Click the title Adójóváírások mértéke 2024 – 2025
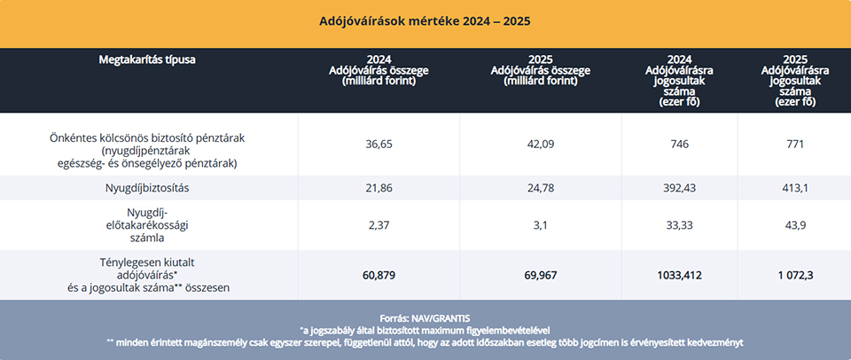click(x=425, y=20)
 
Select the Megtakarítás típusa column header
click(x=147, y=60)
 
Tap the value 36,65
click(x=379, y=144)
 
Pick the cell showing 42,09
click(x=540, y=144)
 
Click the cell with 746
click(x=681, y=144)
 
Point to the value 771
click(x=796, y=144)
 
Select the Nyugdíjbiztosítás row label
click(x=147, y=188)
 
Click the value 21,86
click(x=379, y=188)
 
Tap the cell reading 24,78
click(x=540, y=188)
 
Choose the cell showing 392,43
click(x=681, y=188)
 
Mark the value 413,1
click(x=796, y=188)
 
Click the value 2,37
click(x=379, y=225)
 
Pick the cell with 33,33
click(x=681, y=225)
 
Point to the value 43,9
click(x=796, y=225)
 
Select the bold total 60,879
click(x=379, y=276)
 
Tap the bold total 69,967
click(x=540, y=276)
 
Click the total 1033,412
click(x=681, y=276)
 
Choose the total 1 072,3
click(x=796, y=276)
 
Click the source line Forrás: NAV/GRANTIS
click(x=425, y=317)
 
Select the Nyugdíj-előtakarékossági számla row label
click(x=147, y=225)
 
